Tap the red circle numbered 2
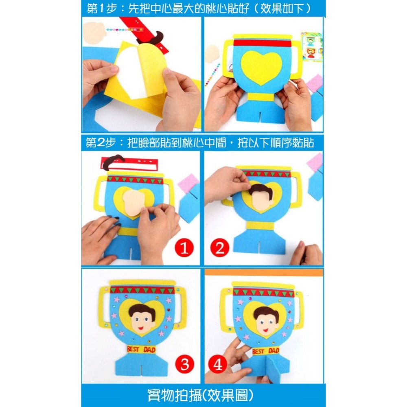pyautogui.click(x=220, y=247)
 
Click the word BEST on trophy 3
pyautogui.click(x=133, y=349)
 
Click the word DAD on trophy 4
pyautogui.click(x=274, y=351)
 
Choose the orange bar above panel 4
pyautogui.click(x=264, y=272)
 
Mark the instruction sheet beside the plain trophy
pyautogui.click(x=311, y=47)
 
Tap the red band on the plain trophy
pyautogui.click(x=262, y=43)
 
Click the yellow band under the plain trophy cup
pyautogui.click(x=260, y=96)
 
